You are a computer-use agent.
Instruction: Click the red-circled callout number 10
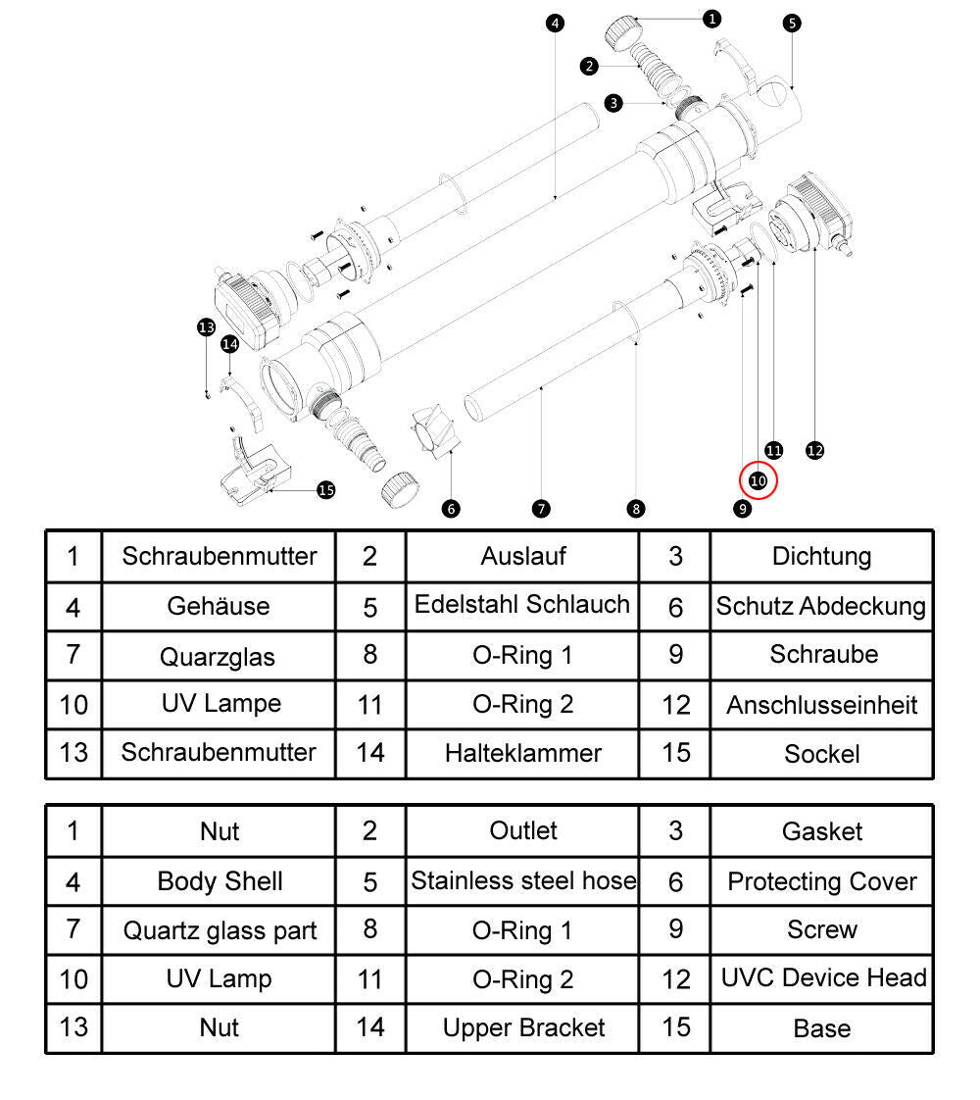758,480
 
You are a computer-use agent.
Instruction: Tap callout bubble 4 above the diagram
555,23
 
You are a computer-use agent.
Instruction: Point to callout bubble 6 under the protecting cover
451,508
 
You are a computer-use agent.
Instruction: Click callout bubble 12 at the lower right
814,450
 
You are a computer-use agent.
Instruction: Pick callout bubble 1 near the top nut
711,18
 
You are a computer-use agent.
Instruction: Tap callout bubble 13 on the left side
206,327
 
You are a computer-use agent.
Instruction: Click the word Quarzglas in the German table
218,656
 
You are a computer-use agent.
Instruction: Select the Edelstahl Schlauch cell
521,605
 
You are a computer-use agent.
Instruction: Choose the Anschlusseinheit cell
821,705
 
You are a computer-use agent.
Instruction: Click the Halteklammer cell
522,753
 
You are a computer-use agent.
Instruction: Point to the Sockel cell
821,754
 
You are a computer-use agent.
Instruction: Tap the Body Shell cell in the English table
220,881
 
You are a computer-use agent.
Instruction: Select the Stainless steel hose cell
522,881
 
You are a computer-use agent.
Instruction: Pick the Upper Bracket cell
523,1027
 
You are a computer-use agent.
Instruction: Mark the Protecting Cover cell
821,881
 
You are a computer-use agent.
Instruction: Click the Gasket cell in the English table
821,831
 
